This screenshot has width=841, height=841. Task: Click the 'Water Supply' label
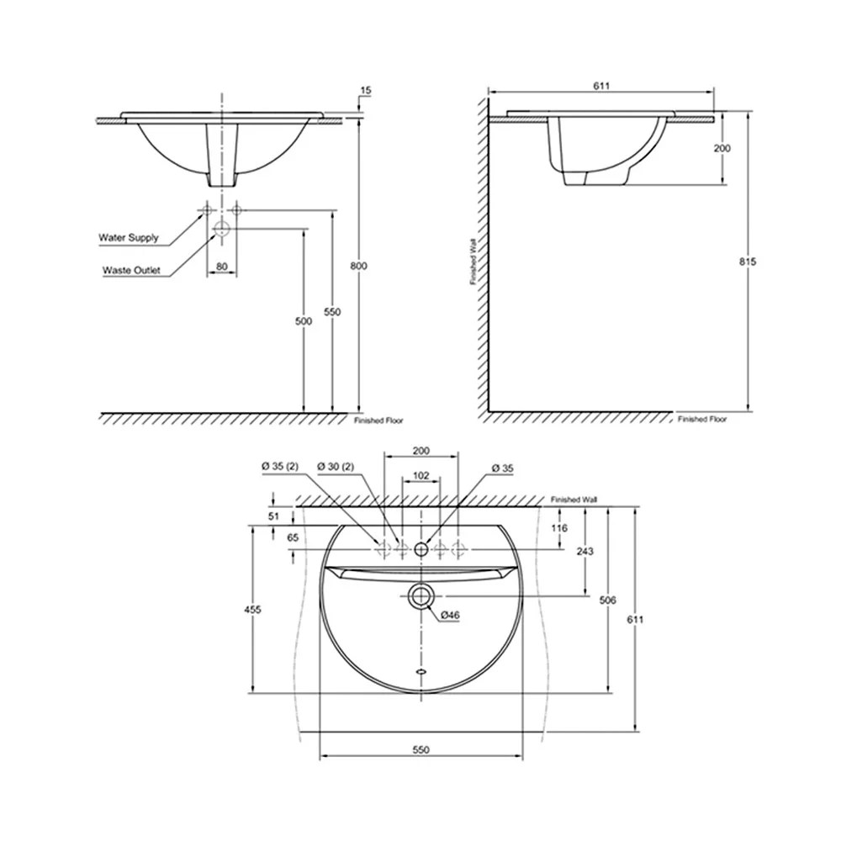pyautogui.click(x=129, y=238)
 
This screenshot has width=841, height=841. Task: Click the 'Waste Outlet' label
pyautogui.click(x=131, y=271)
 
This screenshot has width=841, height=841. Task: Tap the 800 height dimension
pyautogui.click(x=359, y=266)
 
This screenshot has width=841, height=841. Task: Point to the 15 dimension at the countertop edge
pyautogui.click(x=364, y=90)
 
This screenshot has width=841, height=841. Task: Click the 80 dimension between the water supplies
pyautogui.click(x=222, y=267)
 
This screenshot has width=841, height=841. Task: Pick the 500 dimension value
pyautogui.click(x=304, y=321)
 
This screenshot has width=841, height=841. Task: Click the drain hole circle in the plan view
pyautogui.click(x=420, y=596)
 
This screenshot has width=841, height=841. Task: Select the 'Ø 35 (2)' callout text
pyautogui.click(x=279, y=466)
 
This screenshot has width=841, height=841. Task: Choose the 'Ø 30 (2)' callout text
pyautogui.click(x=336, y=466)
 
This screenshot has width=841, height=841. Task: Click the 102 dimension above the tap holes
pyautogui.click(x=421, y=476)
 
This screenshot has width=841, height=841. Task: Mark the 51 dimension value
pyautogui.click(x=272, y=516)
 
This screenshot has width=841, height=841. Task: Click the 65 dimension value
pyautogui.click(x=293, y=537)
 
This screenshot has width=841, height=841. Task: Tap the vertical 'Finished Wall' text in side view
pyautogui.click(x=474, y=262)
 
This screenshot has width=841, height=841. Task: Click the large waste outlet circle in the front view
pyautogui.click(x=222, y=228)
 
